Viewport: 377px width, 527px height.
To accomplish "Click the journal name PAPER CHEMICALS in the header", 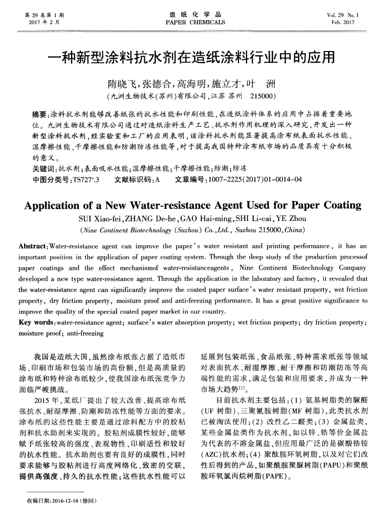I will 188,22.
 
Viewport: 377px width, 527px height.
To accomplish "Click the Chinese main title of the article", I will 188,56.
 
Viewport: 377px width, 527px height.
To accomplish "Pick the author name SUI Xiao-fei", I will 95,218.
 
